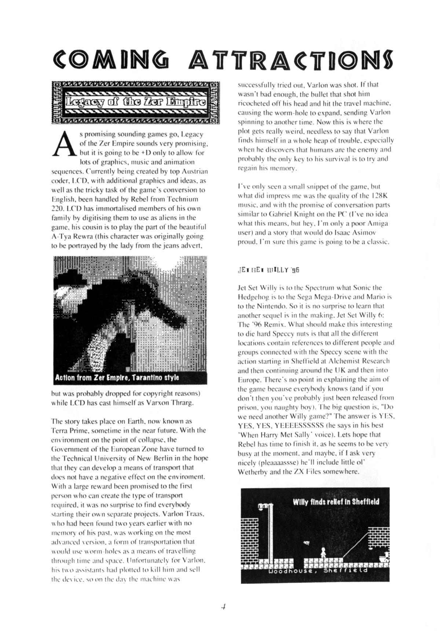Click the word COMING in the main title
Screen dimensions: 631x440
tap(110, 60)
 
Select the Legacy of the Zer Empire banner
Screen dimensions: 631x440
tap(135, 102)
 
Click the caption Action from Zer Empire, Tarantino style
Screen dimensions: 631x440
tap(117, 377)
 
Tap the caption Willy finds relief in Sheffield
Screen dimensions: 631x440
tap(336, 501)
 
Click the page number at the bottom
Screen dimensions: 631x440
tap(223, 607)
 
